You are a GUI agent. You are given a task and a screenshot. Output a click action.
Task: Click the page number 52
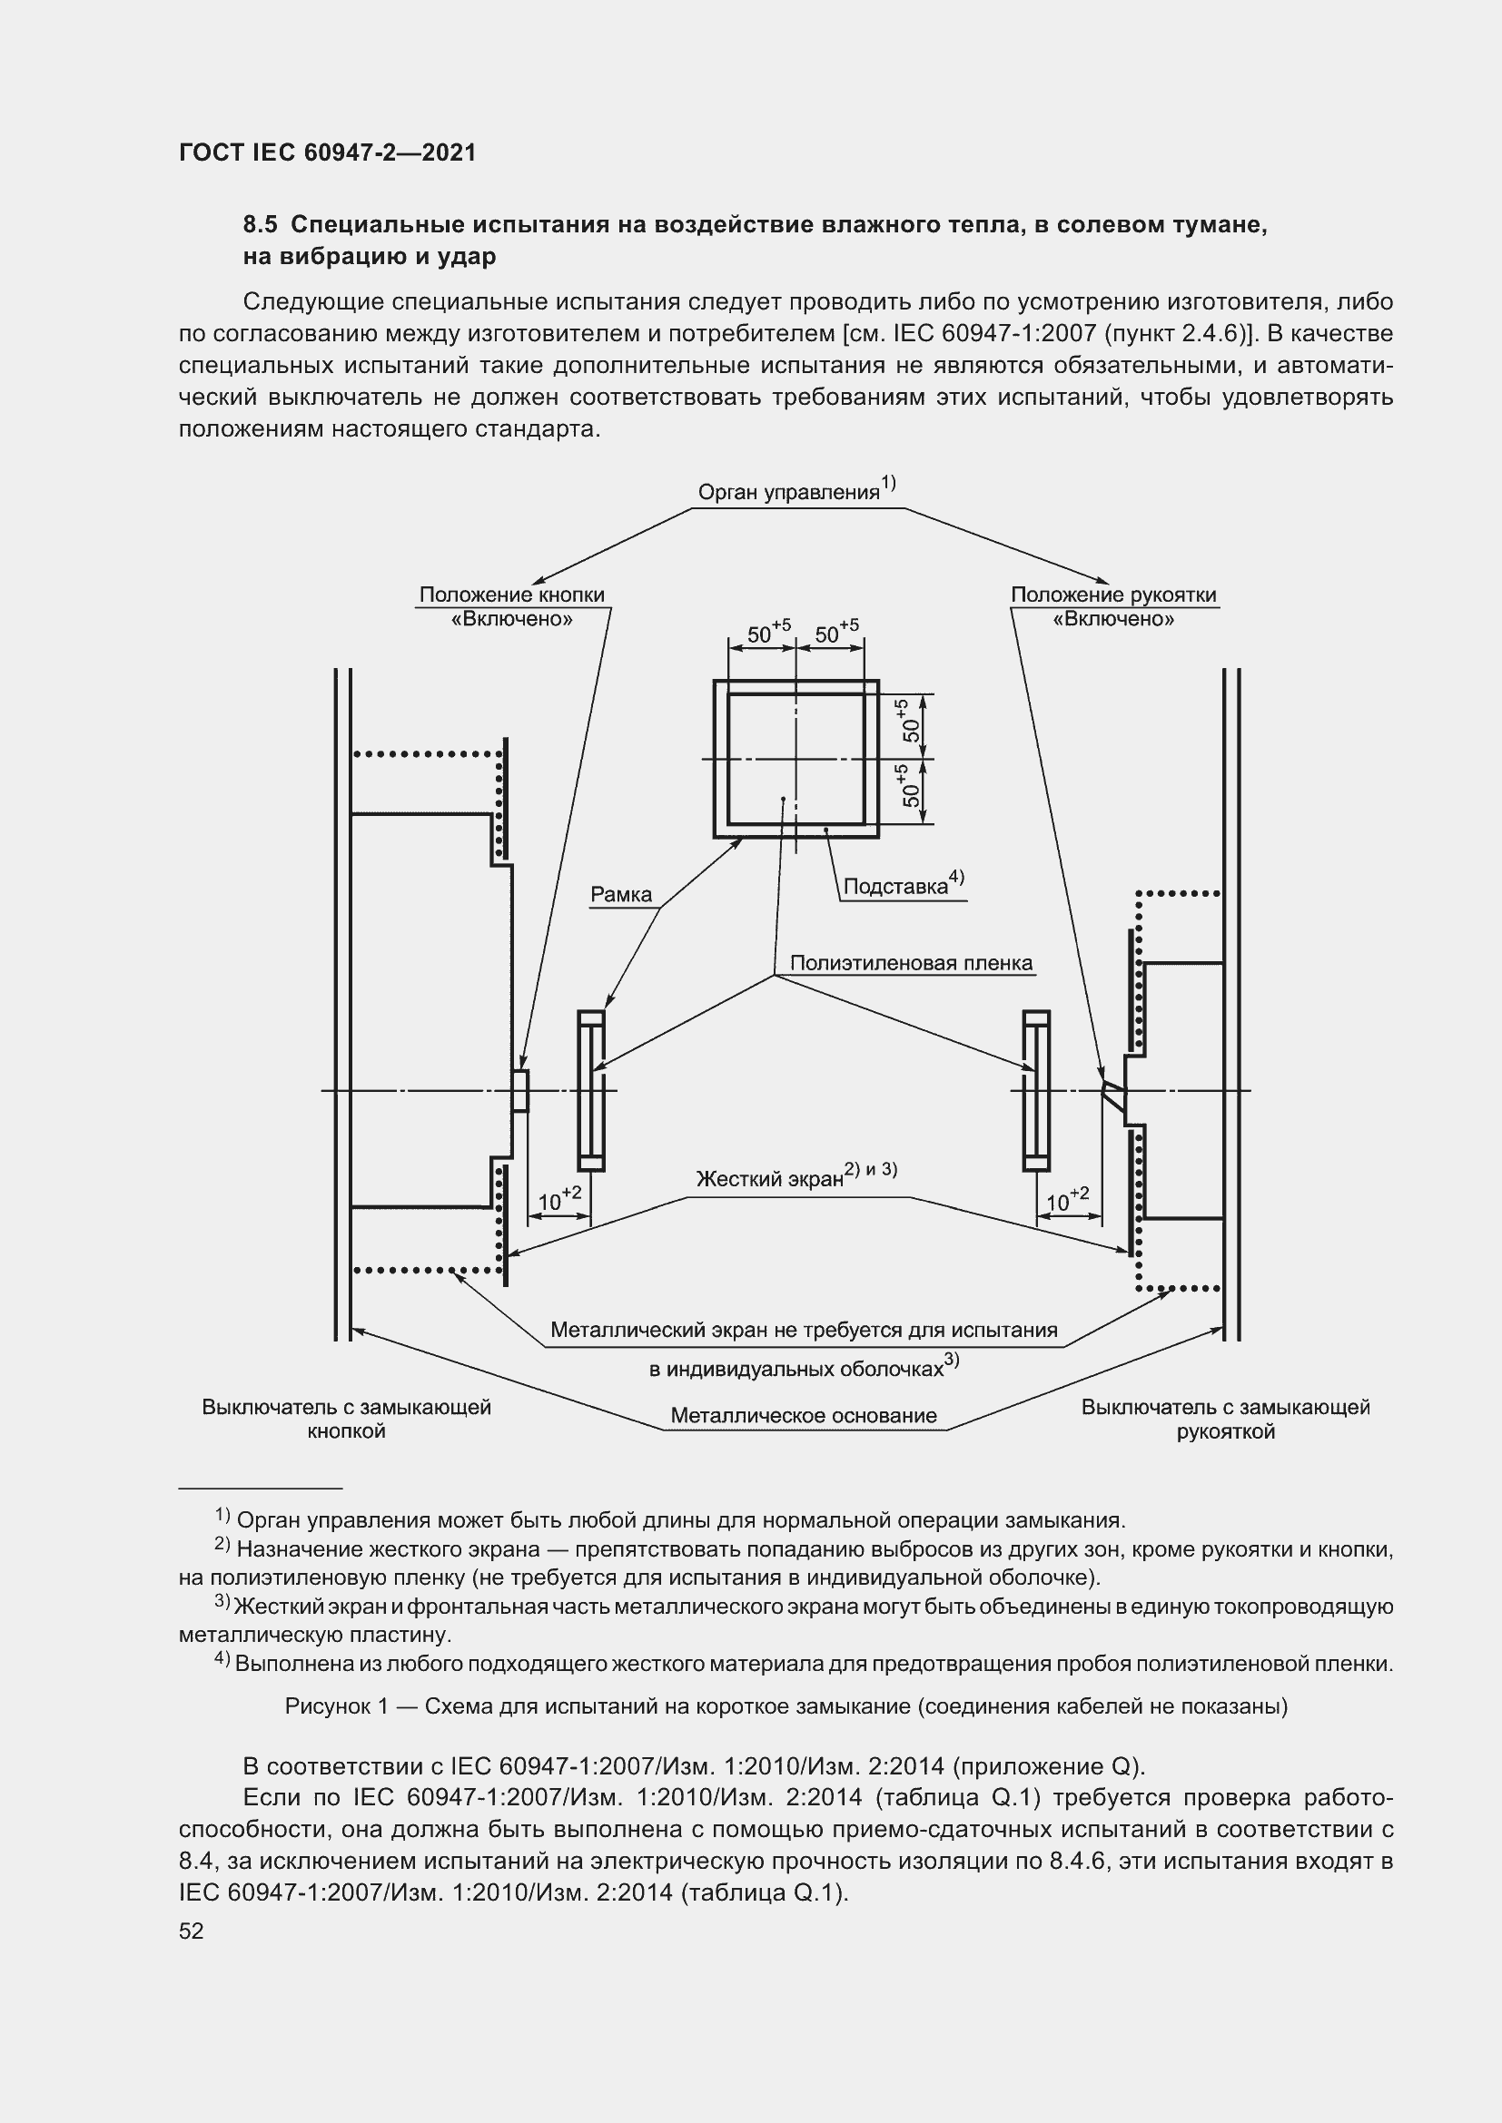[191, 1931]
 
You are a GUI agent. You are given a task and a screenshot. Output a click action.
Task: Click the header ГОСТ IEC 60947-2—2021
[328, 152]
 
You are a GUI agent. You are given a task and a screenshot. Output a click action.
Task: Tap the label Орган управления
[788, 492]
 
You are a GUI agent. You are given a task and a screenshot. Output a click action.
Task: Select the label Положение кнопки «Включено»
[511, 606]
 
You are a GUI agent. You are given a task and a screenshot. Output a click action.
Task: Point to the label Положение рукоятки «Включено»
[1113, 606]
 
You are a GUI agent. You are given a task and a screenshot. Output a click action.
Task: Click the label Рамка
[621, 894]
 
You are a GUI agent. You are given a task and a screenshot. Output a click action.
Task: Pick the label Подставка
[896, 887]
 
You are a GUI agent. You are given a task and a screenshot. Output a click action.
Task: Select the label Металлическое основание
[804, 1416]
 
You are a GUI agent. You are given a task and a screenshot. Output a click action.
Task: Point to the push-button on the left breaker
[520, 1091]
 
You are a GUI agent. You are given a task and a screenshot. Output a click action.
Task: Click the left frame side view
[591, 1091]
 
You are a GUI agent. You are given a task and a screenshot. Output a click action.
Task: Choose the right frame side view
[1036, 1091]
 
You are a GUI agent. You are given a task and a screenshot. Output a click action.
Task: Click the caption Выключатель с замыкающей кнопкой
[346, 1420]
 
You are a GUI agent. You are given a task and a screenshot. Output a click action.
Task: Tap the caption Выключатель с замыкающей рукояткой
[1225, 1420]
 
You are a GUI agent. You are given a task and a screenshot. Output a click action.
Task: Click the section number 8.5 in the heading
[260, 225]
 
